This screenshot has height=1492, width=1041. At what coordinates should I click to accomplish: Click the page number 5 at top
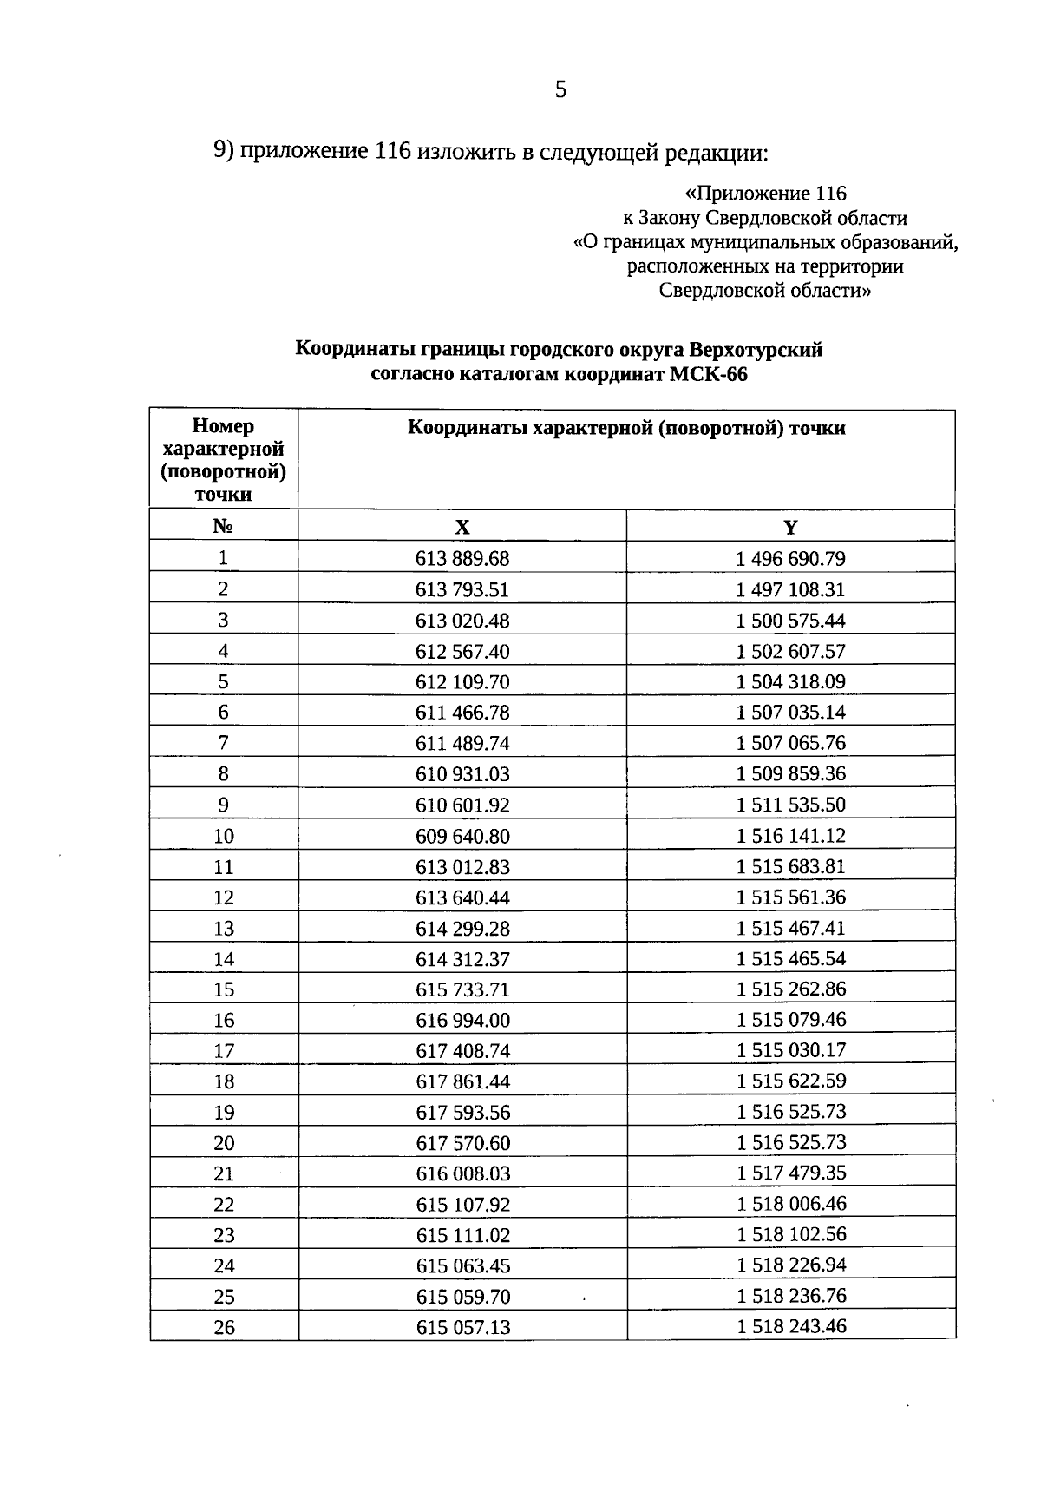point(560,89)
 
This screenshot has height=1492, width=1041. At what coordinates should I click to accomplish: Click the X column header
point(462,528)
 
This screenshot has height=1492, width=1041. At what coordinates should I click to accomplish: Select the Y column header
point(790,528)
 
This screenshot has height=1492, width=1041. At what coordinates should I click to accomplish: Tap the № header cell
point(223,527)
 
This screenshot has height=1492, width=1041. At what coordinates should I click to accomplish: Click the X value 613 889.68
point(462,559)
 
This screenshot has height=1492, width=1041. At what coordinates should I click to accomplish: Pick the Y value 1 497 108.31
point(790,590)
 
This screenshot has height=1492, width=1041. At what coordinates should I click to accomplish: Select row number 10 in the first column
point(224,837)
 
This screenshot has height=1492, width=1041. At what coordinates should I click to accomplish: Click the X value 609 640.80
point(462,837)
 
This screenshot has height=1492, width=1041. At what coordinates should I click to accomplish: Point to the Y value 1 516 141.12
point(790,836)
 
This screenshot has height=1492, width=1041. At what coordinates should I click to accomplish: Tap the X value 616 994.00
point(462,1021)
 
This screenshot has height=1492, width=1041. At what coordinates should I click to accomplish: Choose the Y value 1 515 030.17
point(790,1050)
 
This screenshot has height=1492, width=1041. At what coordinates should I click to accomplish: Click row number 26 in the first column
point(224,1328)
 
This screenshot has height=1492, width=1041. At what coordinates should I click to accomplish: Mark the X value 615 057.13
point(463,1328)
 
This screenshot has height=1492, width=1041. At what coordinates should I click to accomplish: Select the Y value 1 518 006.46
point(791,1204)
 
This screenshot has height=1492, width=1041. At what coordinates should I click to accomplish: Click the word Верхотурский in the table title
point(756,351)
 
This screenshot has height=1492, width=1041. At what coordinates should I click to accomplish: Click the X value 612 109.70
point(462,682)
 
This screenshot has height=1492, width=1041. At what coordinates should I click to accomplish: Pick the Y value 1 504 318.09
point(790,682)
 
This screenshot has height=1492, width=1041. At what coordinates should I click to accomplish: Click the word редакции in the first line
point(716,153)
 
